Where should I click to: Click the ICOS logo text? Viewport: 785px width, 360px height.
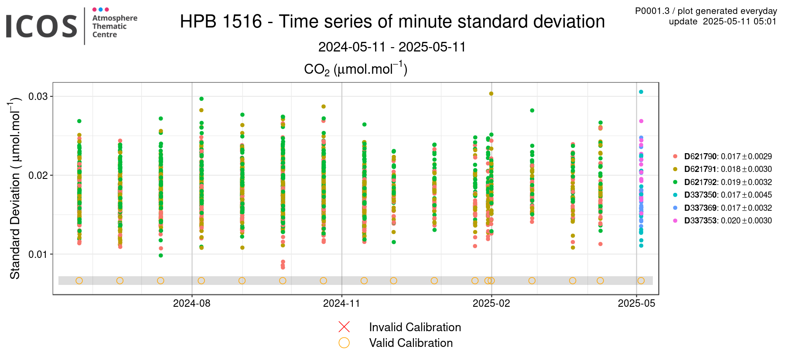41,26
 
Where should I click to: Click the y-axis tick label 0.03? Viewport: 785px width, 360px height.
38,96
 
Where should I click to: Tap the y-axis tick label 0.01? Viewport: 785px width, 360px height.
38,254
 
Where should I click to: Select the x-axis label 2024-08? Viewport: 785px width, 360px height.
192,303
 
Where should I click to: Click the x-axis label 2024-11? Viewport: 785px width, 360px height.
341,303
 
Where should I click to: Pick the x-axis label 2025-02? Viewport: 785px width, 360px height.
491,303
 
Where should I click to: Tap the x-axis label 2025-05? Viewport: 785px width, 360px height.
637,303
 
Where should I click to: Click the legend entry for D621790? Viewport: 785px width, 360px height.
722,156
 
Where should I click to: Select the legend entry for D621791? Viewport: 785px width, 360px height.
722,169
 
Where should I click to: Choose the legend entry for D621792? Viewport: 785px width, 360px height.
722,182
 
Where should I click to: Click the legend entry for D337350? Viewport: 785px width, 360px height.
722,195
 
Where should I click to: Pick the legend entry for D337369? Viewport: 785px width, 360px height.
722,208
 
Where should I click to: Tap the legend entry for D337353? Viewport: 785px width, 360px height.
722,221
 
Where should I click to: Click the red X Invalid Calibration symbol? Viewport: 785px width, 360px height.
344,327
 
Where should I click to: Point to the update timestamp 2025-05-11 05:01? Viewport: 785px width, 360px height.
740,21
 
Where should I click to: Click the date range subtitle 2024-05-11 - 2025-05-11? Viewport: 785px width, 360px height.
392,47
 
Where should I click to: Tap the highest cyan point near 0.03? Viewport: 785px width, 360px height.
641,92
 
